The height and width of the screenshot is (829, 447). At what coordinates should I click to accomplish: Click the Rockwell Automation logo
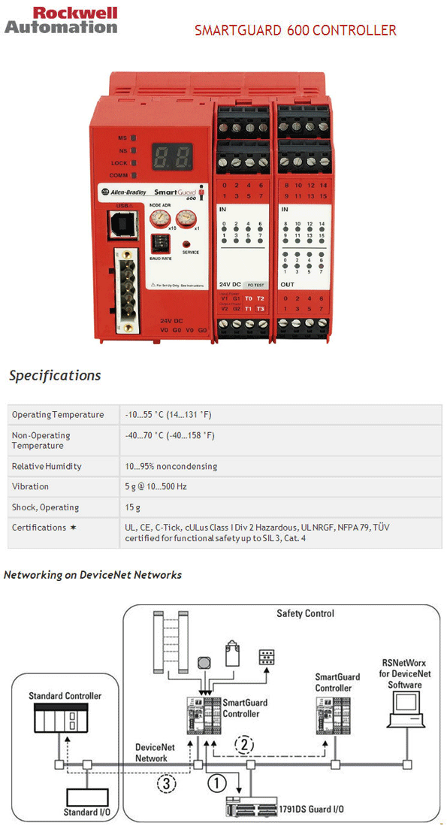[61, 20]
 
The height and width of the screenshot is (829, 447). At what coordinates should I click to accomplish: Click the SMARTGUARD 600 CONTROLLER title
[295, 31]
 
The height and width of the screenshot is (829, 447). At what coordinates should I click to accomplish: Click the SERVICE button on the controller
[188, 244]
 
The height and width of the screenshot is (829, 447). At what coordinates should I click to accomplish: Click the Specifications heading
[55, 376]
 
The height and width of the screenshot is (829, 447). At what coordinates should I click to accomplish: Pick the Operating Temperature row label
[58, 415]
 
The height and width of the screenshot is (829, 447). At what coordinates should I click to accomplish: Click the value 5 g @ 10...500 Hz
[156, 486]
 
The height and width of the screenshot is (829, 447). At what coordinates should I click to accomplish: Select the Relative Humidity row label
[47, 466]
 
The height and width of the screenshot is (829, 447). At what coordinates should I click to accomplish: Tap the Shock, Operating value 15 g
[133, 507]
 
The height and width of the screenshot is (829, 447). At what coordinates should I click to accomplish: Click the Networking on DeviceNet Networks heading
[93, 575]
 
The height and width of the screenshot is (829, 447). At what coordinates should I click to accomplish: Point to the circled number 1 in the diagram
[216, 783]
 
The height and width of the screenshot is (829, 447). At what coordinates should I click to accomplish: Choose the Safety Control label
[305, 613]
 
